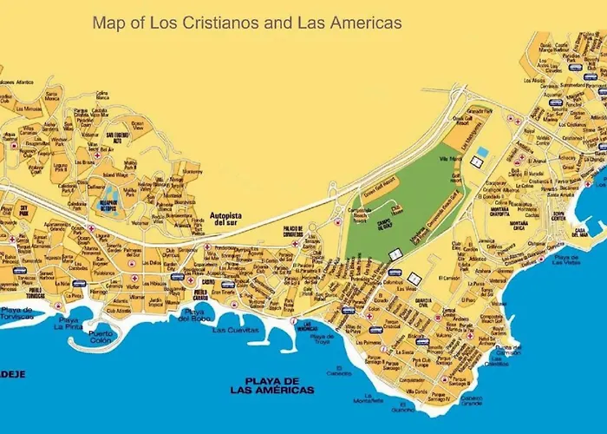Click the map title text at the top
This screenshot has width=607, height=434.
247,23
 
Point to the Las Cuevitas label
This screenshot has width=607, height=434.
236,331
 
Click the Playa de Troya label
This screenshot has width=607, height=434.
322,338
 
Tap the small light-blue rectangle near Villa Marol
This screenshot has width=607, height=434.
481,152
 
